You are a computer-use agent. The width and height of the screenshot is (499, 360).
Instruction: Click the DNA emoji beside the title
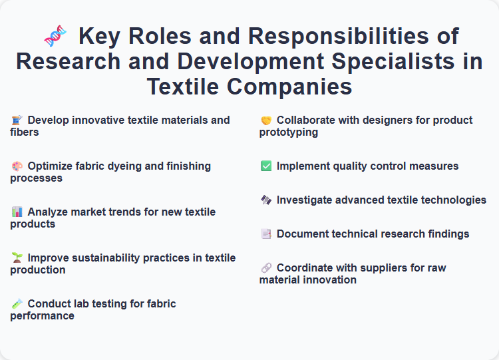pyautogui.click(x=55, y=37)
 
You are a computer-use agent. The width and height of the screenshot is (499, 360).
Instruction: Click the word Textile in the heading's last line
pyautogui.click(x=194, y=87)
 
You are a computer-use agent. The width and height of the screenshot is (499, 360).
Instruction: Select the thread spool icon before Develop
pyautogui.click(x=17, y=120)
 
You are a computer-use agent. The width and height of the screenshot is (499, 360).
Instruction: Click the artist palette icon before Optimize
pyautogui.click(x=17, y=166)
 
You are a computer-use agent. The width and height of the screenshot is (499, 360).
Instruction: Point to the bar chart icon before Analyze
pyautogui.click(x=17, y=212)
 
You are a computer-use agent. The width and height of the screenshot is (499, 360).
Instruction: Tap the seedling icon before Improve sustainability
pyautogui.click(x=17, y=258)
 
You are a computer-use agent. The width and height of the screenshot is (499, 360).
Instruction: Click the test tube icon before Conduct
pyautogui.click(x=17, y=304)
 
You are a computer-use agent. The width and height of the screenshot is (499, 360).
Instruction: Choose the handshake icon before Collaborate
pyautogui.click(x=265, y=120)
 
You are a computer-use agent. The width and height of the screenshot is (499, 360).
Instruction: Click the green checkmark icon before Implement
pyautogui.click(x=265, y=166)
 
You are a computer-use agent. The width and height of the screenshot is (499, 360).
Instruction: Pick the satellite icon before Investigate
pyautogui.click(x=265, y=200)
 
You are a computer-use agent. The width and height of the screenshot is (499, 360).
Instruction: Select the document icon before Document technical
pyautogui.click(x=265, y=234)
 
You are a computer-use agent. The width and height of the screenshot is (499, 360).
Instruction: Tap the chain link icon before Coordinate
pyautogui.click(x=265, y=268)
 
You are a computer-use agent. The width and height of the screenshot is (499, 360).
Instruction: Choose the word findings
pyautogui.click(x=445, y=234)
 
